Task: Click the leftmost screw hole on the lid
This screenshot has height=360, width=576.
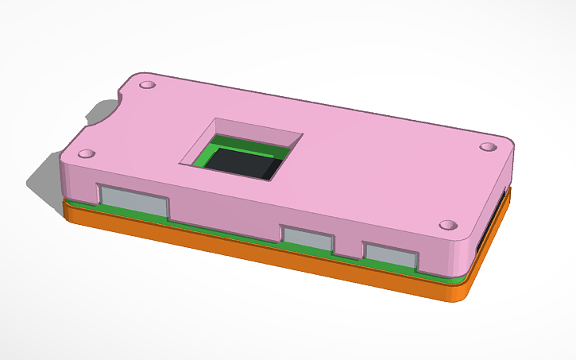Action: pos(87,153)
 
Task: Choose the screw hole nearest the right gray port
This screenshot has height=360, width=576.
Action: pos(447,226)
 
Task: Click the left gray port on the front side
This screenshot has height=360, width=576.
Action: pos(133,202)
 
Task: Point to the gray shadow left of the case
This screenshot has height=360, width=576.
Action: pos(44,179)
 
